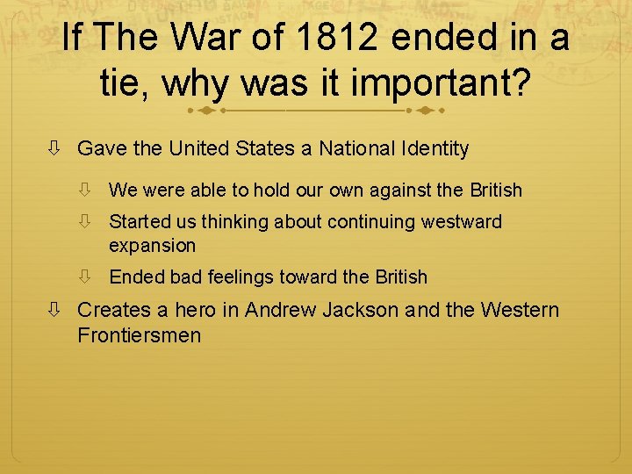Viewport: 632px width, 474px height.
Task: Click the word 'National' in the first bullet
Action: pyautogui.click(x=358, y=148)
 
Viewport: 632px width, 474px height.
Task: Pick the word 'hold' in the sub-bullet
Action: pyautogui.click(x=273, y=190)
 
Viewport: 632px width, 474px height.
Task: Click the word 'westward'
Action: pyautogui.click(x=461, y=221)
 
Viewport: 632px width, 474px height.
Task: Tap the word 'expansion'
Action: pyautogui.click(x=152, y=245)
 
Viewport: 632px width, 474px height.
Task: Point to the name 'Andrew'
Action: pyautogui.click(x=280, y=310)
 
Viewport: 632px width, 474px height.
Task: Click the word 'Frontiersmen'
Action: pyautogui.click(x=139, y=334)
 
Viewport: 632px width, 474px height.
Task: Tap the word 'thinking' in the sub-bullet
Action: pyautogui.click(x=235, y=221)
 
